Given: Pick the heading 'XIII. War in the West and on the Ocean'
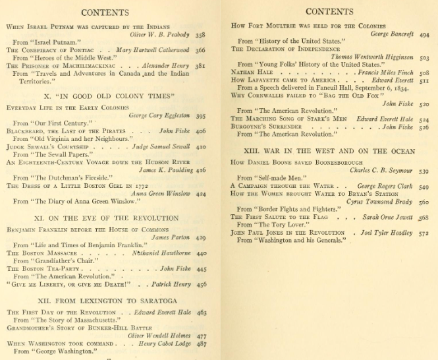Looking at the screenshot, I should tap(330, 150).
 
